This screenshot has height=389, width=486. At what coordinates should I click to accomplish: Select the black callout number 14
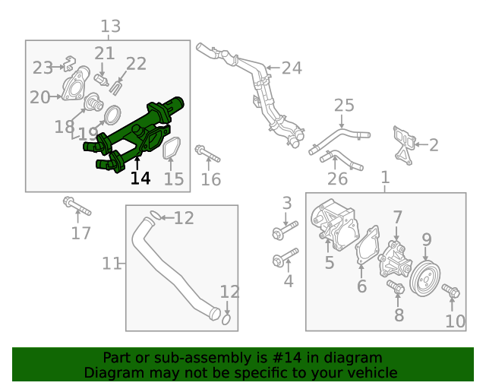140,179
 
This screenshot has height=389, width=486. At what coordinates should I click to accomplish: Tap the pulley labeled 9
425,279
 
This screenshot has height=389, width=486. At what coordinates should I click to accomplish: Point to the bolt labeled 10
450,292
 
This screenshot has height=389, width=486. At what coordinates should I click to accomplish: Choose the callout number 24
292,68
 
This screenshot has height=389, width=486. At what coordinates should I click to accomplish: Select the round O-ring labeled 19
111,115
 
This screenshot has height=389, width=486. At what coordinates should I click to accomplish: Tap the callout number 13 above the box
111,27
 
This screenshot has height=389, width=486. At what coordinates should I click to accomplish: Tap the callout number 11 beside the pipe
112,264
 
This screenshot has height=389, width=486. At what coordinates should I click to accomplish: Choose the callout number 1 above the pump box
385,177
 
